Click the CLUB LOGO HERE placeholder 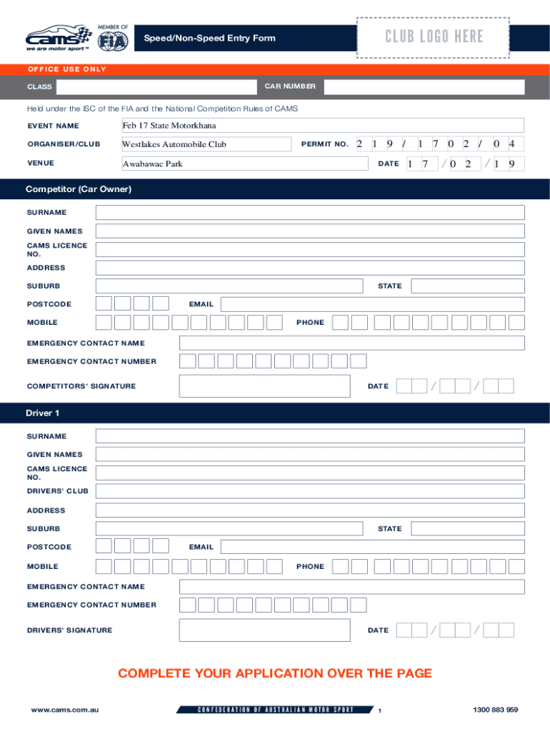[434, 36]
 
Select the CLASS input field [156, 87]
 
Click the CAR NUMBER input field [424, 87]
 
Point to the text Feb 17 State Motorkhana [169, 126]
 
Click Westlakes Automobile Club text [174, 144]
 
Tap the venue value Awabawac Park [152, 163]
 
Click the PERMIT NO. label [324, 144]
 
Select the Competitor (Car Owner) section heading [79, 189]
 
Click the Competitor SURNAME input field [309, 213]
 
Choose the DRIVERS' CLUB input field [309, 491]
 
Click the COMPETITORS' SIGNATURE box [264, 386]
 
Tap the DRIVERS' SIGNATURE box [264, 630]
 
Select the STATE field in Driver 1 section [468, 529]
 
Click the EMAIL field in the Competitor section [372, 304]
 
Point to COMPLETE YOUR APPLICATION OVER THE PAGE [275, 673]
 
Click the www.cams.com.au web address [64, 710]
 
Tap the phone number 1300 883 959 [495, 710]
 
